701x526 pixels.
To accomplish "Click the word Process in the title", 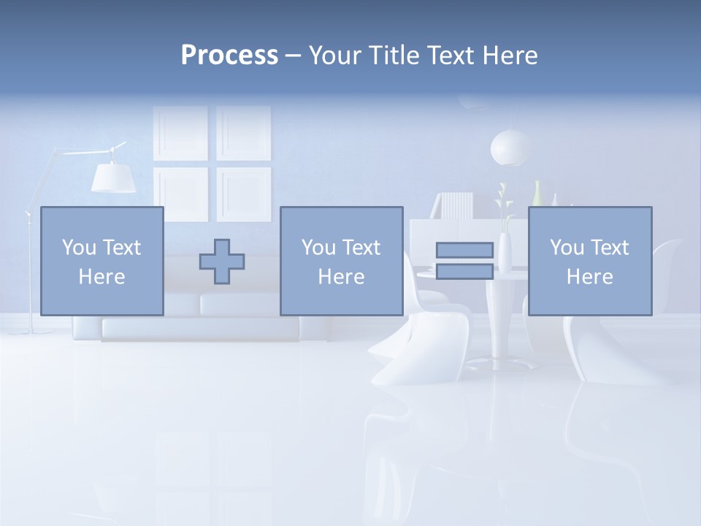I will click(229, 56).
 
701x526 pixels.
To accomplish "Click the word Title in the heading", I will click(392, 56).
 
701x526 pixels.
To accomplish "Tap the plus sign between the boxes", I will click(222, 262).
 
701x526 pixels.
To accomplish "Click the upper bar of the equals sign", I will click(464, 250).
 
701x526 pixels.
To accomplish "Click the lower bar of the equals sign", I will click(464, 272).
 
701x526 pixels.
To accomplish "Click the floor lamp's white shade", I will click(113, 178).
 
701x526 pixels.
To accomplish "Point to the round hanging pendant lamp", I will click(510, 147).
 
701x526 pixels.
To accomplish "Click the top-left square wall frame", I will click(180, 133).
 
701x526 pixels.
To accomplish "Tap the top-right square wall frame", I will click(244, 133).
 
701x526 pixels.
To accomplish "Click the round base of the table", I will click(492, 361).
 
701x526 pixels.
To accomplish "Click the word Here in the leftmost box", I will click(101, 277).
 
